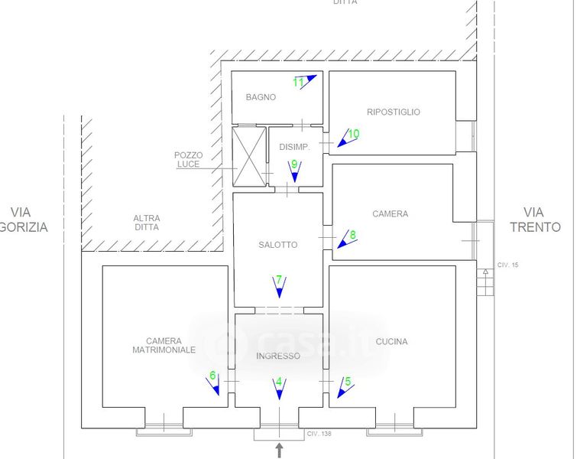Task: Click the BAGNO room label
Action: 261,97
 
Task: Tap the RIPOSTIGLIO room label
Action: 393,112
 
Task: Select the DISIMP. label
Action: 293,147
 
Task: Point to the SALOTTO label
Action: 277,245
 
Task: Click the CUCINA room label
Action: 391,342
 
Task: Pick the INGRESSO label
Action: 278,356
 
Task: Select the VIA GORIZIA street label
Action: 24,219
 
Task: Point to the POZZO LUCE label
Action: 188,159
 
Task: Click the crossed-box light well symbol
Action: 248,157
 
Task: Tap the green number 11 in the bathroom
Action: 299,81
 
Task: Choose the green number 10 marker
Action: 353,134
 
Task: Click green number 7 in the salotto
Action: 279,279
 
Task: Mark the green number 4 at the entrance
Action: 279,381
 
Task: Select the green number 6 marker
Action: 212,376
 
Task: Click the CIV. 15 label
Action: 507,265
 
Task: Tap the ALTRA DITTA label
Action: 146,222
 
